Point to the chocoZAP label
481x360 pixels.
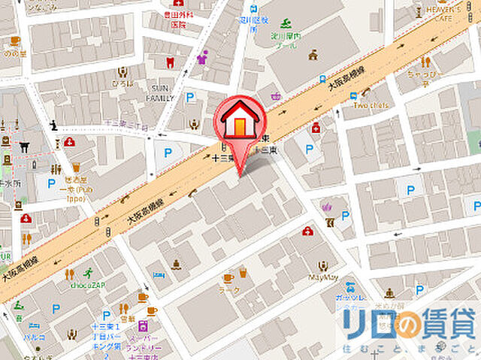pyautogui.click(x=86, y=286)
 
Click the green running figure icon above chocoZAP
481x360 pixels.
pyautogui.click(x=89, y=273)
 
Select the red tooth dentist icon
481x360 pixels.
pyautogui.click(x=169, y=62)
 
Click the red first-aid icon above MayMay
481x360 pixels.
pyautogui.click(x=307, y=231)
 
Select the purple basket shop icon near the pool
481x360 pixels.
pyautogui.click(x=277, y=95)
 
